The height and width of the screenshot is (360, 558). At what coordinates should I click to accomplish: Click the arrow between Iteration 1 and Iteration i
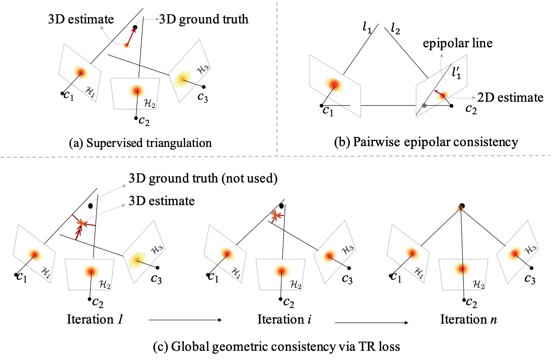tap(185, 321)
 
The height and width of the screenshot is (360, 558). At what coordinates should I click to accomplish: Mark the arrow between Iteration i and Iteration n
tap(372, 323)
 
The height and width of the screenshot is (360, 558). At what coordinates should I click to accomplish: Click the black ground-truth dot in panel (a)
tap(135, 28)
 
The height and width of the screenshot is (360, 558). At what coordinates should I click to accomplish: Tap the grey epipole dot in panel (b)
tap(424, 105)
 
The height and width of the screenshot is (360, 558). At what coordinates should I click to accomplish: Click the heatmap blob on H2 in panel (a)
tap(135, 90)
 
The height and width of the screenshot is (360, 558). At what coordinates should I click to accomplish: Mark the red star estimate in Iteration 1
tap(81, 224)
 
